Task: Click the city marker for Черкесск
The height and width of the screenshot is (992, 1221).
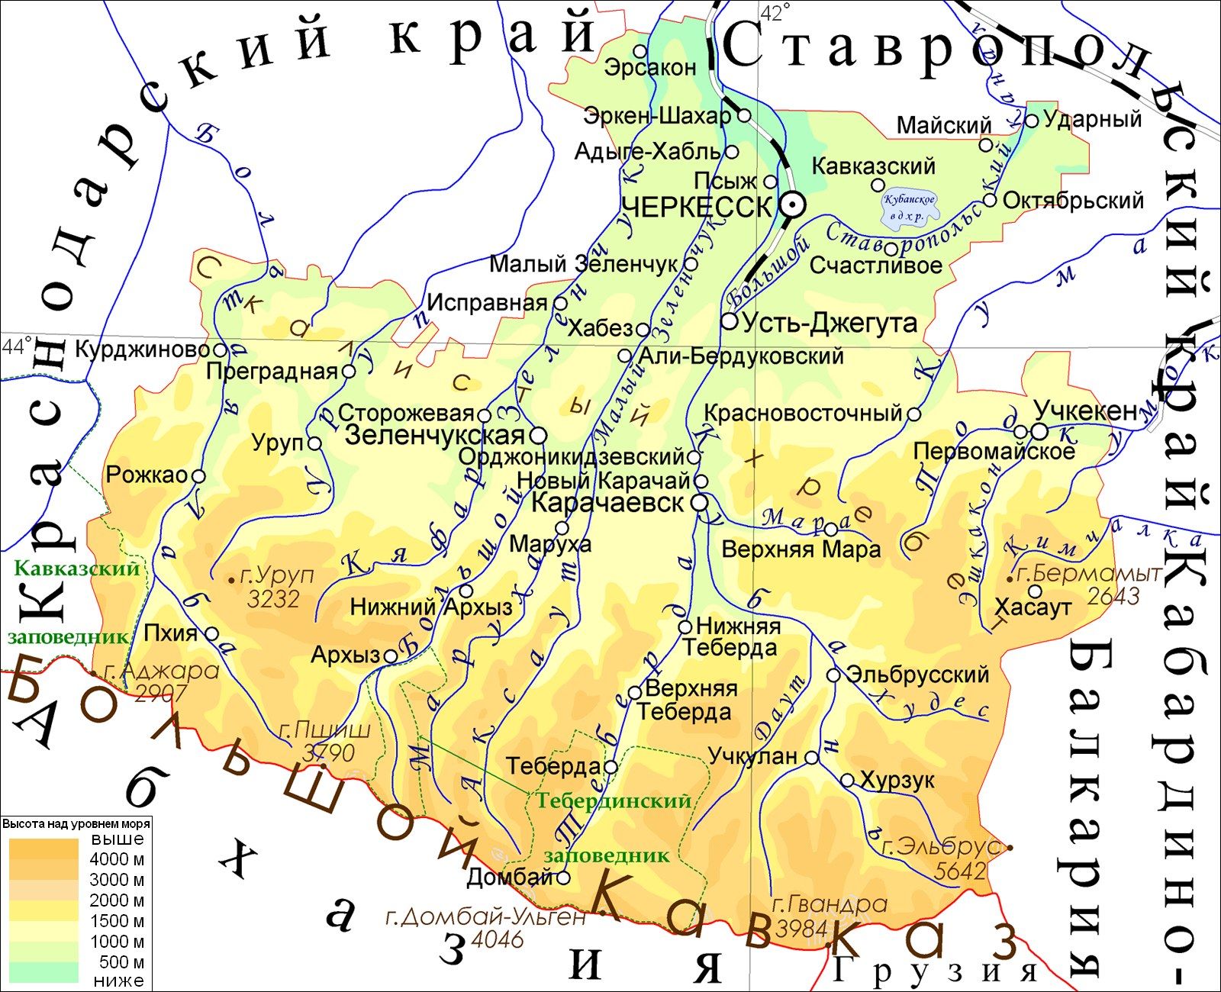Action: pyautogui.click(x=791, y=205)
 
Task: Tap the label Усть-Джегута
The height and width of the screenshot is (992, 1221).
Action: pyautogui.click(x=830, y=323)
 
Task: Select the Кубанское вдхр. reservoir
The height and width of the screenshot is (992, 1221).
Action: pyautogui.click(x=908, y=208)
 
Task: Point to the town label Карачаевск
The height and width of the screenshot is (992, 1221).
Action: pyautogui.click(x=607, y=504)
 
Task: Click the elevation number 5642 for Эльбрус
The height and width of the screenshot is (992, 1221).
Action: pyautogui.click(x=960, y=870)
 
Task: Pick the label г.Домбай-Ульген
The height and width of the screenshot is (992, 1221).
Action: pyautogui.click(x=485, y=916)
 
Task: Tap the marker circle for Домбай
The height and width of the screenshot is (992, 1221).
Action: pyautogui.click(x=563, y=878)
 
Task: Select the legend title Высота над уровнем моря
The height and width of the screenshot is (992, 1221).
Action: pyautogui.click(x=76, y=824)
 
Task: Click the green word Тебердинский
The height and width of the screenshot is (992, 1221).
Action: pyautogui.click(x=613, y=800)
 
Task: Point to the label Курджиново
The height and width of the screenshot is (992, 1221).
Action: pyautogui.click(x=142, y=349)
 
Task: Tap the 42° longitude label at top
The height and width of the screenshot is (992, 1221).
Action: pyautogui.click(x=775, y=12)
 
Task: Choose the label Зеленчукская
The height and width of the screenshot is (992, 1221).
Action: pyautogui.click(x=435, y=435)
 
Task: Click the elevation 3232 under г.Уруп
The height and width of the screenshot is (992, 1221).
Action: pyautogui.click(x=273, y=598)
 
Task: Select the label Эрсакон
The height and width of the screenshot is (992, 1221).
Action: pyautogui.click(x=650, y=67)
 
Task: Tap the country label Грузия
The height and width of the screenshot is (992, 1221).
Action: pyautogui.click(x=935, y=971)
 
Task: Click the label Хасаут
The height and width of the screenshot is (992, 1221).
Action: pyautogui.click(x=1033, y=607)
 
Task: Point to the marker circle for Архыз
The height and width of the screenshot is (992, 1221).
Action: pyautogui.click(x=390, y=655)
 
